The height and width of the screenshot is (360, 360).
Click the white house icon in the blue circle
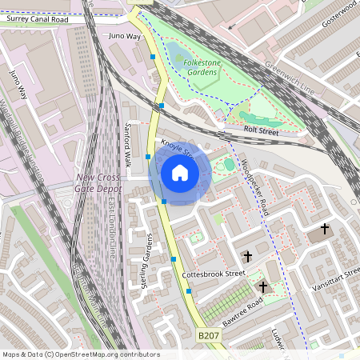tap(179, 173)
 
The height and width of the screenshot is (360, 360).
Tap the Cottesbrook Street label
tap(213, 274)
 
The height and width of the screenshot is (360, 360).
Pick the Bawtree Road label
tap(244, 307)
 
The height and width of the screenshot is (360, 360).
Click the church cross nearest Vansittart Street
tap(324, 230)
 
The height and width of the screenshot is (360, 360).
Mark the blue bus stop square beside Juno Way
tap(153, 57)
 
